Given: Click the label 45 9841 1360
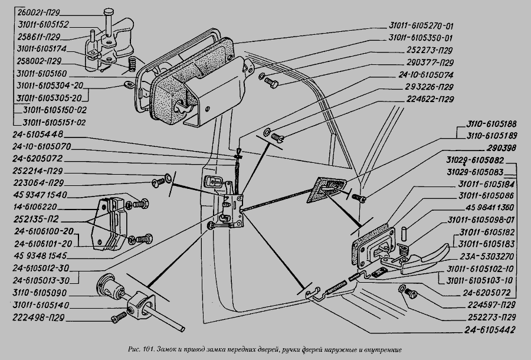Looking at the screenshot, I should tap(491, 208).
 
